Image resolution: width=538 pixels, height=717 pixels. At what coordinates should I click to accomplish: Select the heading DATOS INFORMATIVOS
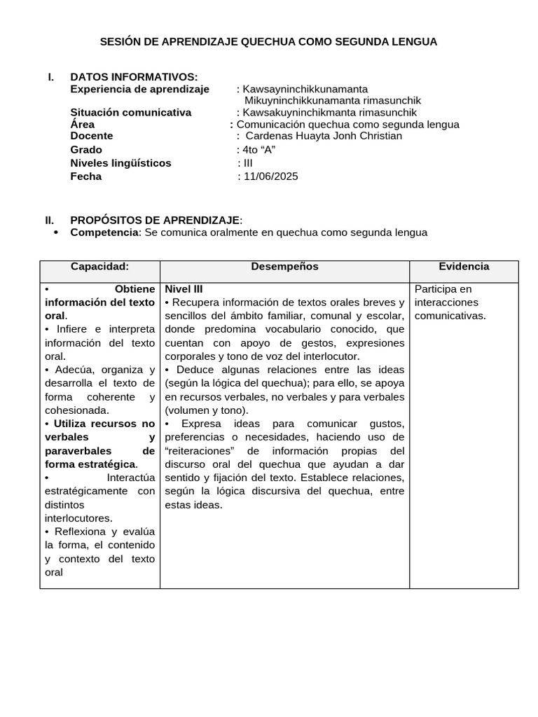click(x=134, y=77)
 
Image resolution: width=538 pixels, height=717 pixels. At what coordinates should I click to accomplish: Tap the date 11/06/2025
click(x=270, y=176)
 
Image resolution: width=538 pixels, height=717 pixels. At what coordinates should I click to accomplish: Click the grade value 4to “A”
click(x=259, y=150)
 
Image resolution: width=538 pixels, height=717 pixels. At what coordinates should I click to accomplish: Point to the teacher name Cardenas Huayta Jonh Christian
click(x=324, y=136)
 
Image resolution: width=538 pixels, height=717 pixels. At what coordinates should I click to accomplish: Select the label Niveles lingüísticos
click(x=120, y=163)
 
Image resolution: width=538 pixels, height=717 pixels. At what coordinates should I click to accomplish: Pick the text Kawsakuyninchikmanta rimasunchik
click(x=329, y=112)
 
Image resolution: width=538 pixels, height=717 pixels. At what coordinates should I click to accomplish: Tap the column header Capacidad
click(x=100, y=267)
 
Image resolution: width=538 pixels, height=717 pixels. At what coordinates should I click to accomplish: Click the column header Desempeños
click(x=284, y=267)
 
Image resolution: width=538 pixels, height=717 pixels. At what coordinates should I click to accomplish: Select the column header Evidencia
click(x=464, y=267)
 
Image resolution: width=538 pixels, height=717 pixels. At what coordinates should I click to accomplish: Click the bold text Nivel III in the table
click(x=184, y=288)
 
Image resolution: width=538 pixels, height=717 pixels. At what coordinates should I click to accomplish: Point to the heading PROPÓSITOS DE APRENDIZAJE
click(x=156, y=220)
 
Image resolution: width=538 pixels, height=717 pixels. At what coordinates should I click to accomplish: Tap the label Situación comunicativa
click(x=130, y=112)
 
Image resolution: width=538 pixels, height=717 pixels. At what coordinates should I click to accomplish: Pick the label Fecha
click(x=85, y=176)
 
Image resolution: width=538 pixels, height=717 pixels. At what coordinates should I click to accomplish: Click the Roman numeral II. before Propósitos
click(x=50, y=220)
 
